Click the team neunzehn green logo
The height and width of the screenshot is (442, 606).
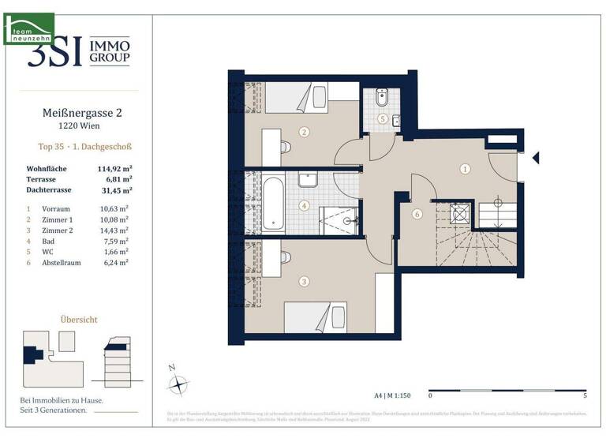tap(29, 28)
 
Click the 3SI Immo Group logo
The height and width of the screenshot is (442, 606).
tap(79, 51)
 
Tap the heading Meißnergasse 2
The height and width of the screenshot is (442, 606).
tap(77, 114)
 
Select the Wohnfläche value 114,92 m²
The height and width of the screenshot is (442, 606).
tap(114, 169)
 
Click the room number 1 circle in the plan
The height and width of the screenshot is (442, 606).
tap(466, 168)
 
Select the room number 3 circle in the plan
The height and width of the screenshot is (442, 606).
tap(304, 280)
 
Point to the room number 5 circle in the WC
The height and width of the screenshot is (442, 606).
tap(382, 119)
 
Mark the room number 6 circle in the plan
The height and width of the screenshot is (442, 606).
tap(417, 213)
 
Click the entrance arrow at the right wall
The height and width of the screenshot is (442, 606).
tap(536, 158)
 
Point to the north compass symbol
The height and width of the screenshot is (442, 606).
tap(181, 384)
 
